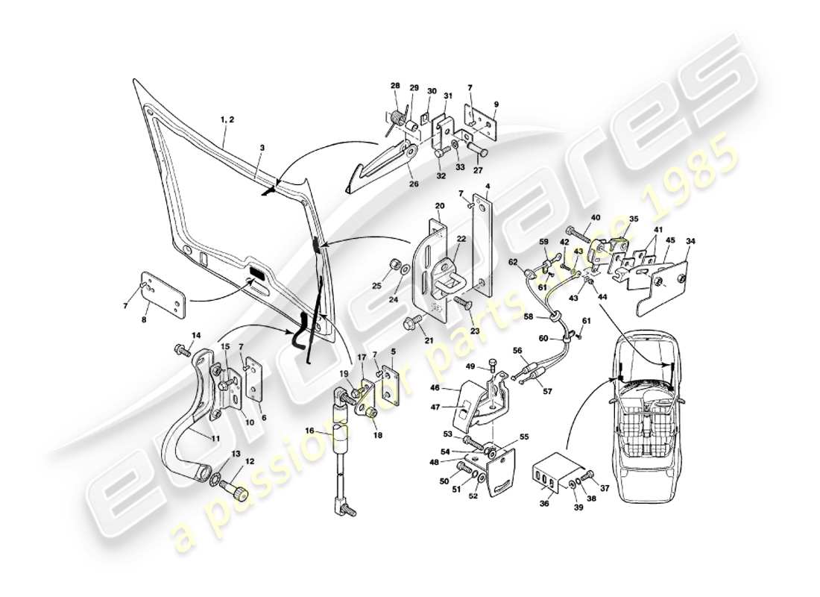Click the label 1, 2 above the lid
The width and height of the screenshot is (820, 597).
(227, 119)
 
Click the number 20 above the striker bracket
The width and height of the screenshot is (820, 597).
(440, 207)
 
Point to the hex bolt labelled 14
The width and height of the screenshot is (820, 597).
(181, 348)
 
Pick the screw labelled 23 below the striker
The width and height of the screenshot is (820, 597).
(459, 304)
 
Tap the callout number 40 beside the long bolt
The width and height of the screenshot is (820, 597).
(596, 218)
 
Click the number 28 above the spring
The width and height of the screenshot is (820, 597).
(395, 87)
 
